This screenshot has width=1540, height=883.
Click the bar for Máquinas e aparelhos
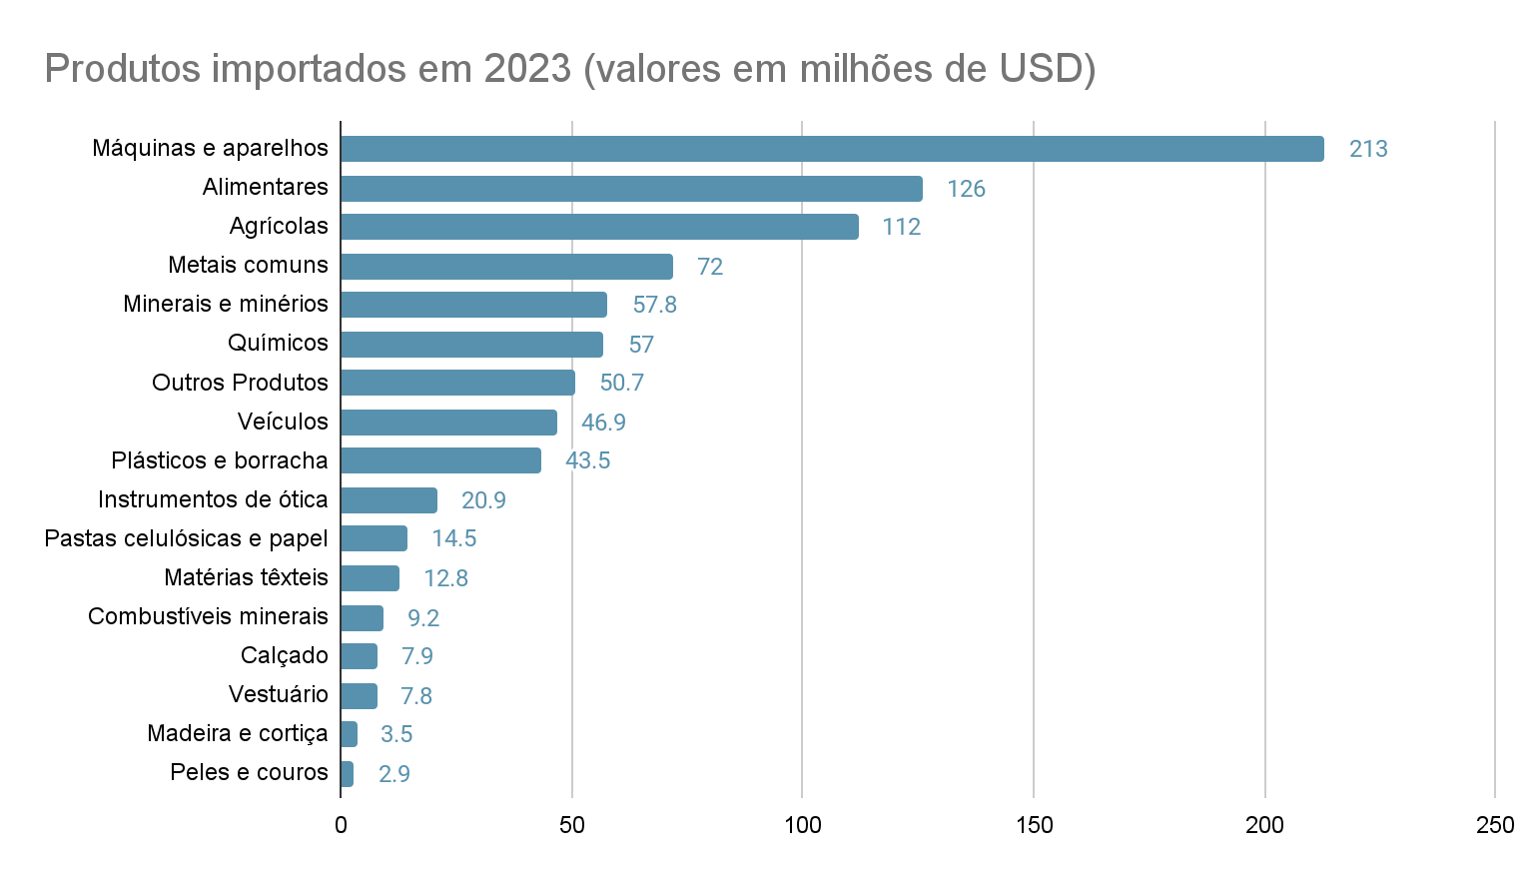pos(832,149)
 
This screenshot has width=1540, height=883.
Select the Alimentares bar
pos(631,189)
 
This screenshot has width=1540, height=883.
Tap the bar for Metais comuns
pos(506,267)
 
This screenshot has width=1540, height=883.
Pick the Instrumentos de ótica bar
pos(388,500)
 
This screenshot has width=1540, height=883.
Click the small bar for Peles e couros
pos(347,774)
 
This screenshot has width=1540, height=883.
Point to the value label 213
pos(1368,149)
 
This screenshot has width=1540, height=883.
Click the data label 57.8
pos(654,305)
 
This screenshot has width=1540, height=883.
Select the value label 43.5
pos(587,460)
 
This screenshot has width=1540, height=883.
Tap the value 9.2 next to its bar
pos(423,618)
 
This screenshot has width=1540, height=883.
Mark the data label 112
pos(901,227)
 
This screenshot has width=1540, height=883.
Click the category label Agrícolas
pos(279,226)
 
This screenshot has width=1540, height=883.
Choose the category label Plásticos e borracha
pos(220,460)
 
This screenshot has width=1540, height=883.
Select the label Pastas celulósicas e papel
pos(187,538)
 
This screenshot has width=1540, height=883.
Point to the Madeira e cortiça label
pos(238,733)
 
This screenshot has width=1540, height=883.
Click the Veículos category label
pos(283,422)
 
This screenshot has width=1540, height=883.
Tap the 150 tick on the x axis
pos(1034,825)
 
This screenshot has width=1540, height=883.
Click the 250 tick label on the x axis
pos(1494,825)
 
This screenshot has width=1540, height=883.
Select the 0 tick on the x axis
pos(341,825)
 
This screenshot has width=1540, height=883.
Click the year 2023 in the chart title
pos(527,69)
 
